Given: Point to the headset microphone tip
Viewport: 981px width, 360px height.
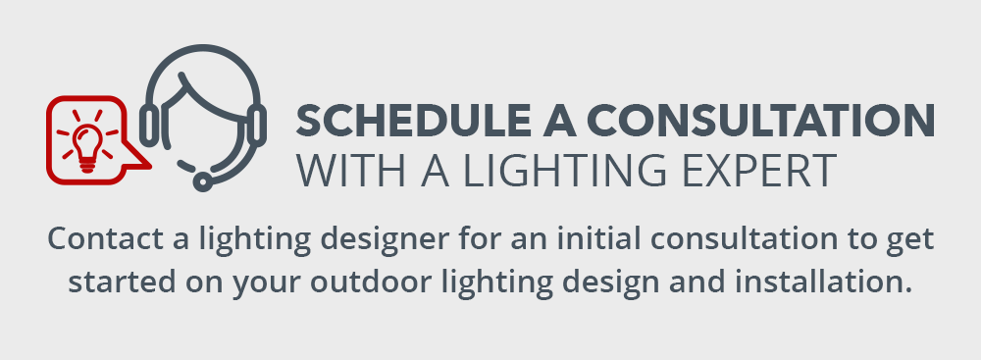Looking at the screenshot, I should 202,181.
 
